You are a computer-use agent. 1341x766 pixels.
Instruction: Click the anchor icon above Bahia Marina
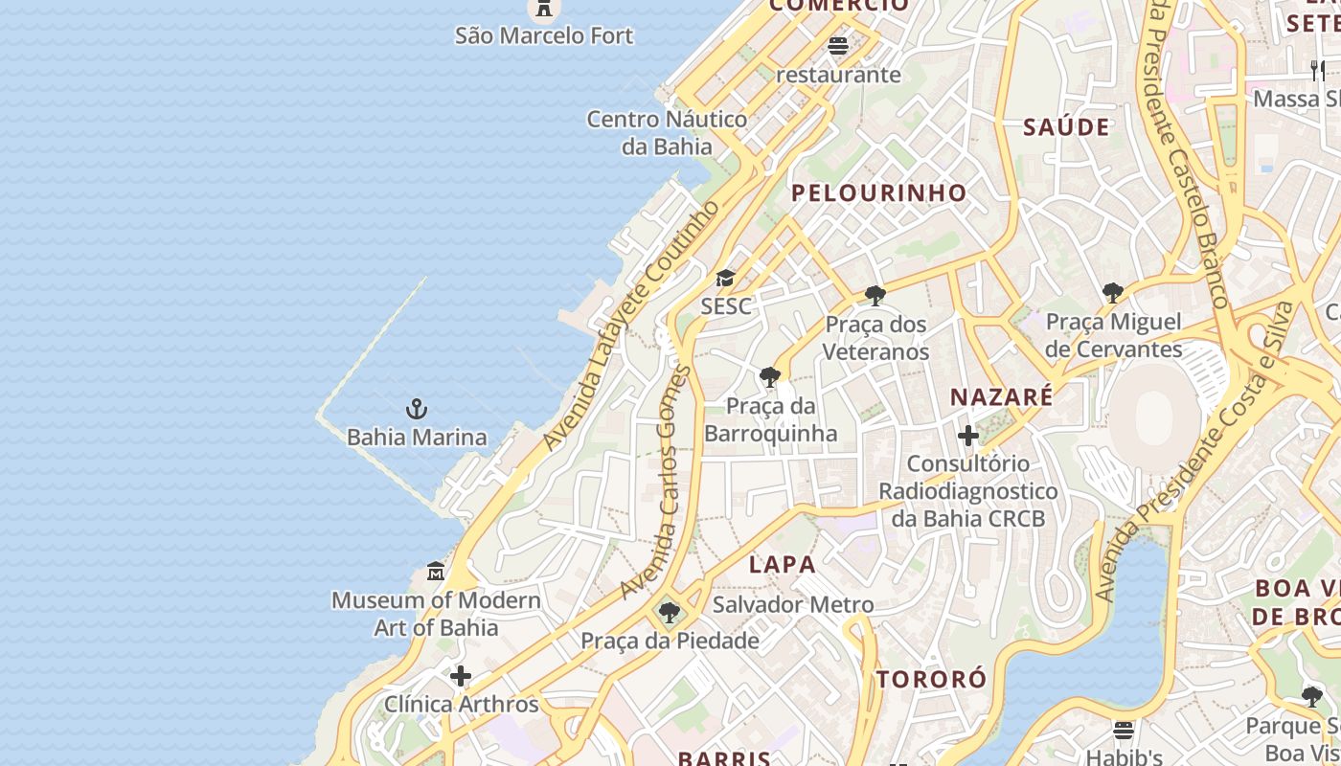pyautogui.click(x=416, y=410)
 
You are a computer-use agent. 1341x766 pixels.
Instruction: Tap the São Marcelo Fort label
pyautogui.click(x=543, y=36)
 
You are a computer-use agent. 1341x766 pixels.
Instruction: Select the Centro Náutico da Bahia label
pyautogui.click(x=667, y=133)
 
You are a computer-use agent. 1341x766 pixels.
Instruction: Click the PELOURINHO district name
pyautogui.click(x=878, y=192)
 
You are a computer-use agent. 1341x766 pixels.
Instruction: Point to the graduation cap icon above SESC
pyautogui.click(x=726, y=279)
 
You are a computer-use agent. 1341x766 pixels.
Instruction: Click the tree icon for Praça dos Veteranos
pyautogui.click(x=875, y=295)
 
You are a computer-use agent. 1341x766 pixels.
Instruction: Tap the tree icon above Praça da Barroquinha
pyautogui.click(x=769, y=376)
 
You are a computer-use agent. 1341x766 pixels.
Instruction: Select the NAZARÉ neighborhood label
pyautogui.click(x=1001, y=396)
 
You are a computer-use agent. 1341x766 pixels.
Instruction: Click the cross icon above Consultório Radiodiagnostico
pyautogui.click(x=968, y=437)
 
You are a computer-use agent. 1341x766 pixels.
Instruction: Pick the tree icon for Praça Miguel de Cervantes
pyautogui.click(x=1112, y=292)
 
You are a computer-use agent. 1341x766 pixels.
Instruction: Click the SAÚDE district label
pyautogui.click(x=1066, y=127)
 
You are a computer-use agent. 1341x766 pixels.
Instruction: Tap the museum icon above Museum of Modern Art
pyautogui.click(x=436, y=572)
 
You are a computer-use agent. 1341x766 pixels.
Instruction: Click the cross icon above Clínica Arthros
pyautogui.click(x=461, y=676)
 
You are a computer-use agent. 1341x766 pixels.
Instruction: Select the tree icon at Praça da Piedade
pyautogui.click(x=670, y=612)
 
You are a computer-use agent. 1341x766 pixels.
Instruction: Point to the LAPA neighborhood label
pyautogui.click(x=783, y=565)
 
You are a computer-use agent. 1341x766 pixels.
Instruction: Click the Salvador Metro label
pyautogui.click(x=792, y=605)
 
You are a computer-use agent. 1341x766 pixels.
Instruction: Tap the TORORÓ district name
pyautogui.click(x=931, y=680)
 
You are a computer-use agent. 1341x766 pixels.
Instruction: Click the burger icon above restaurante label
pyautogui.click(x=838, y=45)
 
